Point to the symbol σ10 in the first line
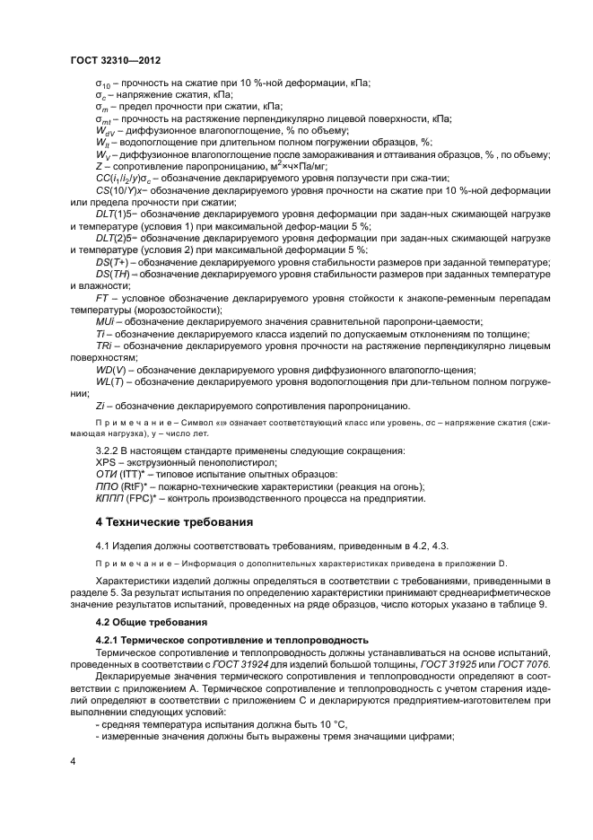point(103,84)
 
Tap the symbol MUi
point(105,320)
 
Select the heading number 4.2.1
point(112,639)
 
